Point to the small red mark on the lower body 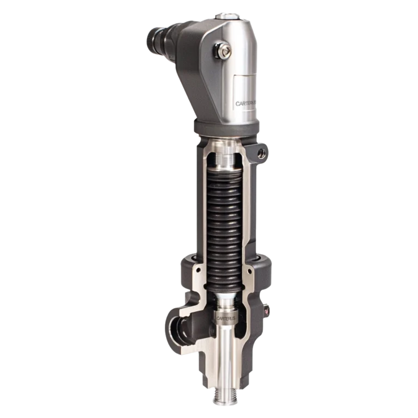266,311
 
